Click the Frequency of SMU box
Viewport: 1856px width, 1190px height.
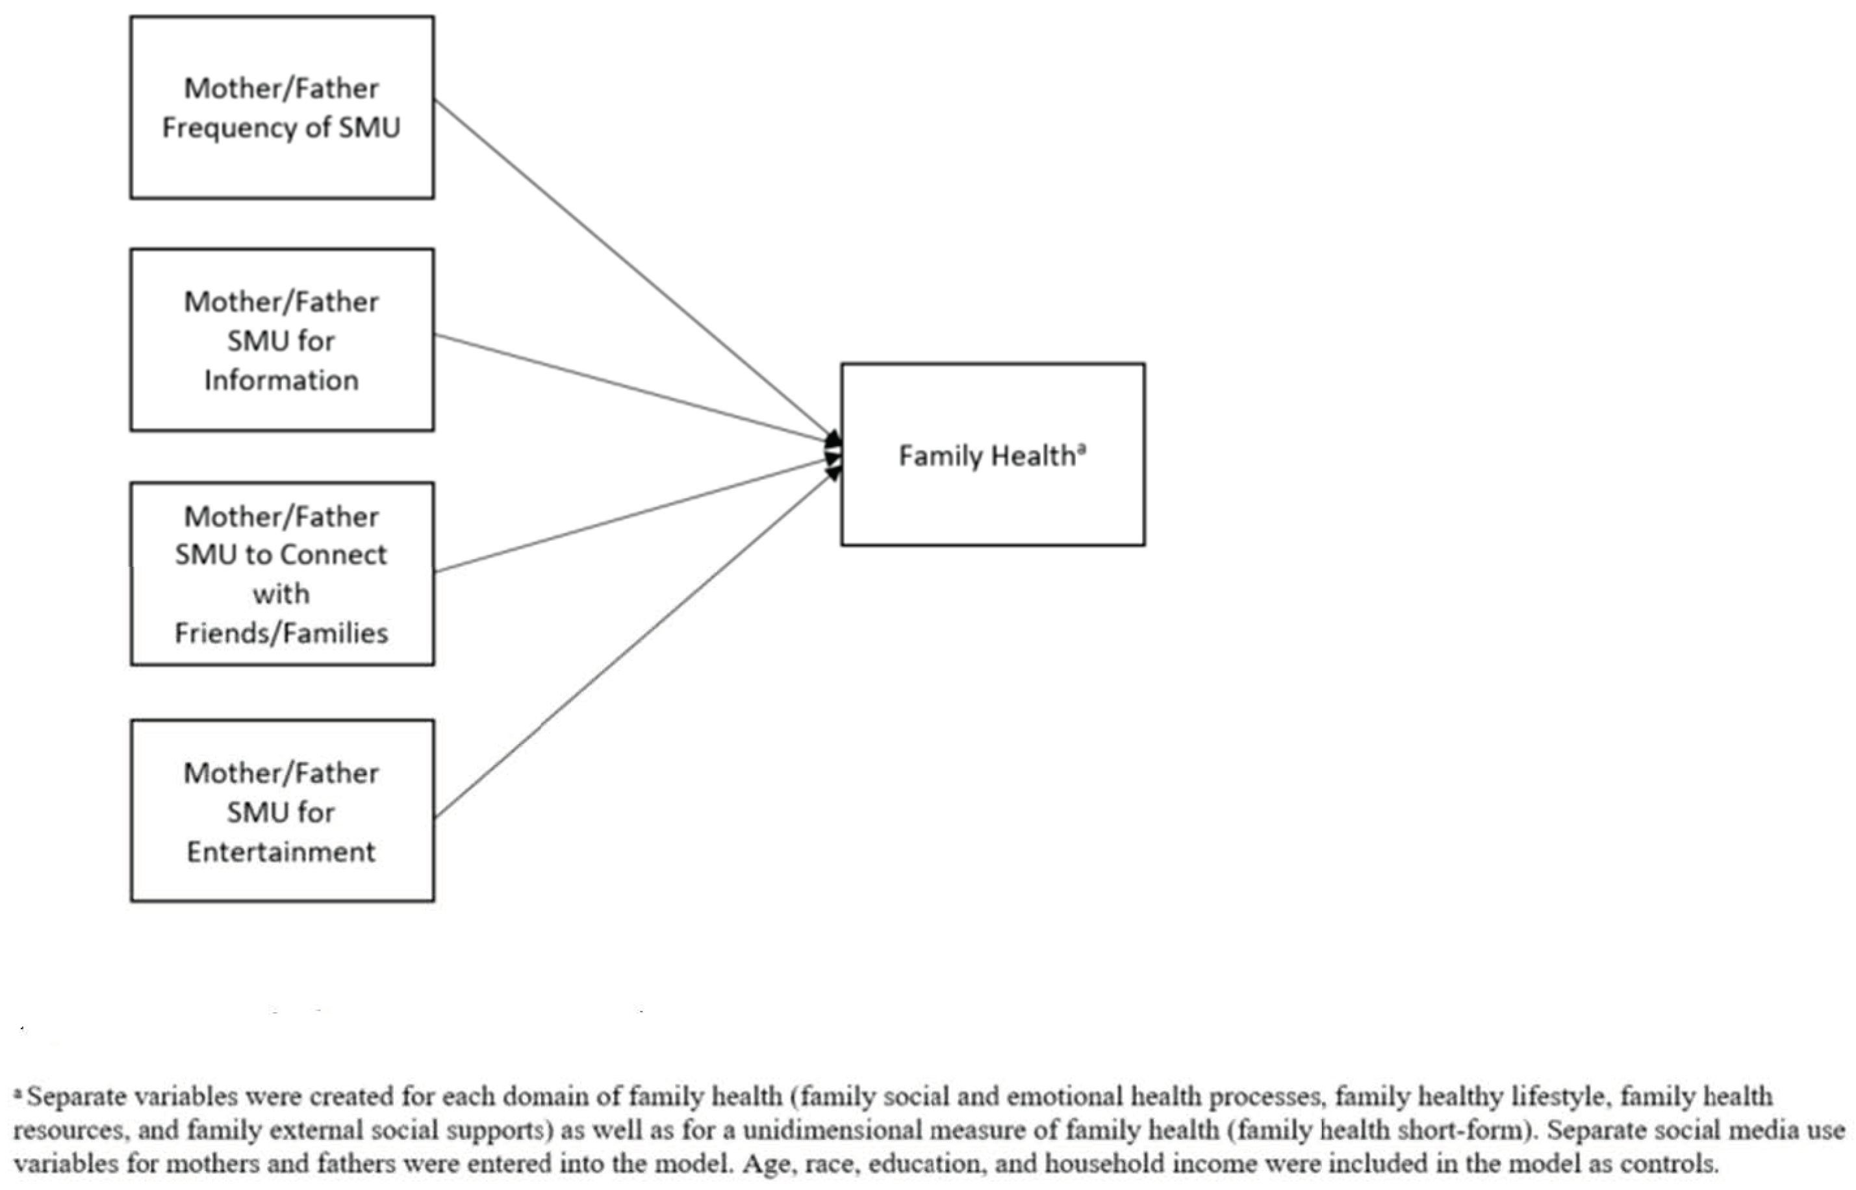click(281, 107)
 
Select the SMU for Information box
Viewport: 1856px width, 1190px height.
click(281, 340)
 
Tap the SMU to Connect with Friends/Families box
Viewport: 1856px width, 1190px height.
click(281, 573)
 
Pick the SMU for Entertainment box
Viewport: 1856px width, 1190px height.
click(281, 811)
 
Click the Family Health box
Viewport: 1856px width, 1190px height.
click(993, 454)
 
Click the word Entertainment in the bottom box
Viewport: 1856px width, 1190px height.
click(281, 852)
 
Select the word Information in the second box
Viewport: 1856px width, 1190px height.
click(281, 380)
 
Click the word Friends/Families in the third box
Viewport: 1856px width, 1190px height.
click(281, 634)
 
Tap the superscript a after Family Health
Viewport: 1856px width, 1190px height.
click(1082, 447)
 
